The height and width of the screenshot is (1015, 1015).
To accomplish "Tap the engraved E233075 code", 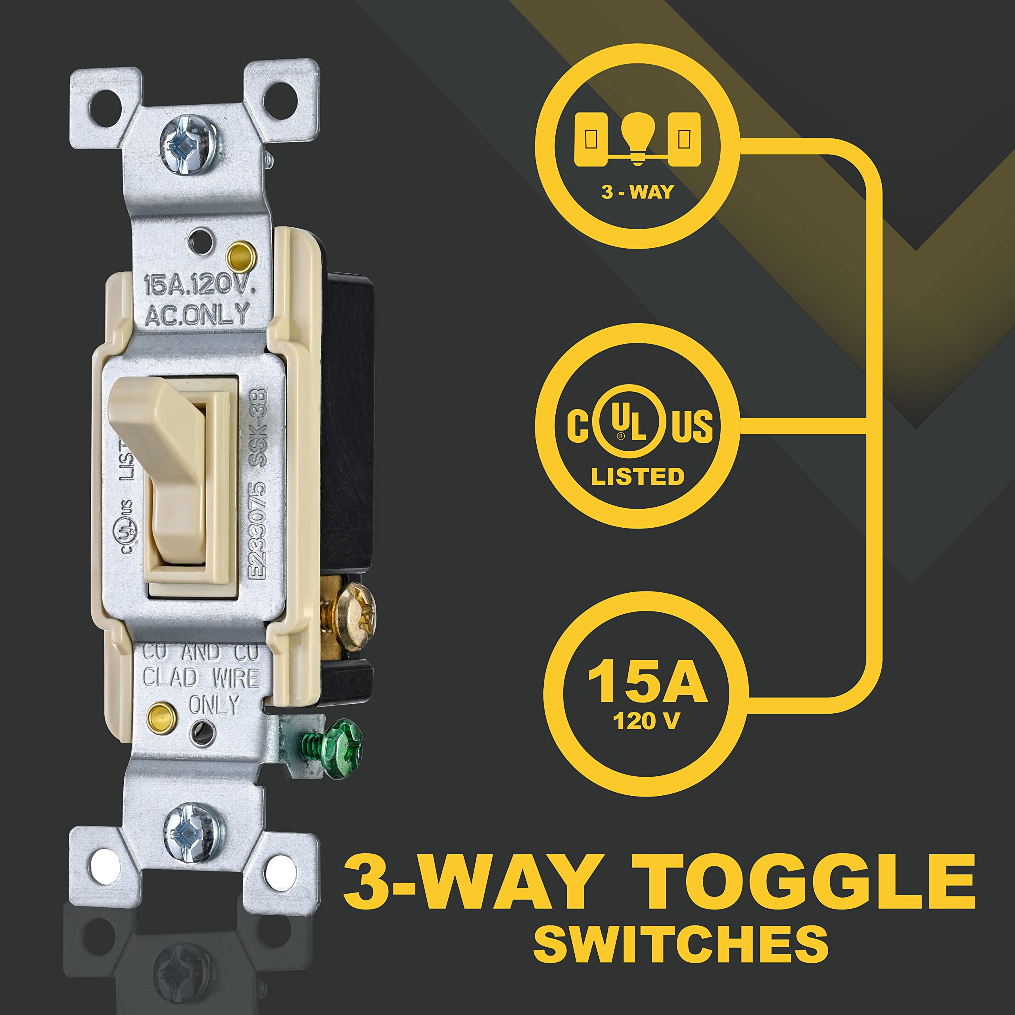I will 257,530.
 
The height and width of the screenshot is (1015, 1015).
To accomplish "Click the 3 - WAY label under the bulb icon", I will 637,192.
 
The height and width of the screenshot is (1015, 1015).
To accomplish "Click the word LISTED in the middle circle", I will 637,477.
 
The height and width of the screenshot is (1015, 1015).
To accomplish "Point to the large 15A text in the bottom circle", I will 647,682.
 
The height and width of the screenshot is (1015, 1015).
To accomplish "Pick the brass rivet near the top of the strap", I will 240,256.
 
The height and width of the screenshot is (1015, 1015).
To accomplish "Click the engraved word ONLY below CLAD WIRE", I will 213,705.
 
